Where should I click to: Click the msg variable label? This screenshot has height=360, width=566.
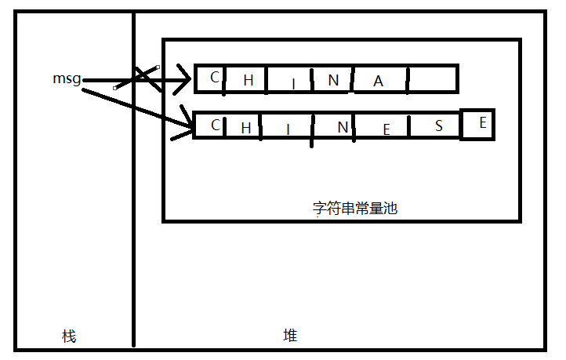67,78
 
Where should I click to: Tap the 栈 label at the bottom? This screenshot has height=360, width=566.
69,336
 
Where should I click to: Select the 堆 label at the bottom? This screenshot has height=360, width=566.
290,336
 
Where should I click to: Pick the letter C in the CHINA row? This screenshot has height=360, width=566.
214,77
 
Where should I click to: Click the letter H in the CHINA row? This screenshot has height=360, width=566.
249,80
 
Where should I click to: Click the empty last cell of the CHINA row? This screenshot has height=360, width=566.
433,79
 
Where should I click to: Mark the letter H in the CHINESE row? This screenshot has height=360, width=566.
245,128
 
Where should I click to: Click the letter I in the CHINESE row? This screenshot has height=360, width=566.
288,129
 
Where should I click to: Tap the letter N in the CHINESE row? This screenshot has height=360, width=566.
332,128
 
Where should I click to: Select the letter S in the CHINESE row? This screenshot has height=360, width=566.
439,125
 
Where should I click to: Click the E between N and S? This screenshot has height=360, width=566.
386,130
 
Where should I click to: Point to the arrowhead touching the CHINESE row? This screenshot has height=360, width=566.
187,122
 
